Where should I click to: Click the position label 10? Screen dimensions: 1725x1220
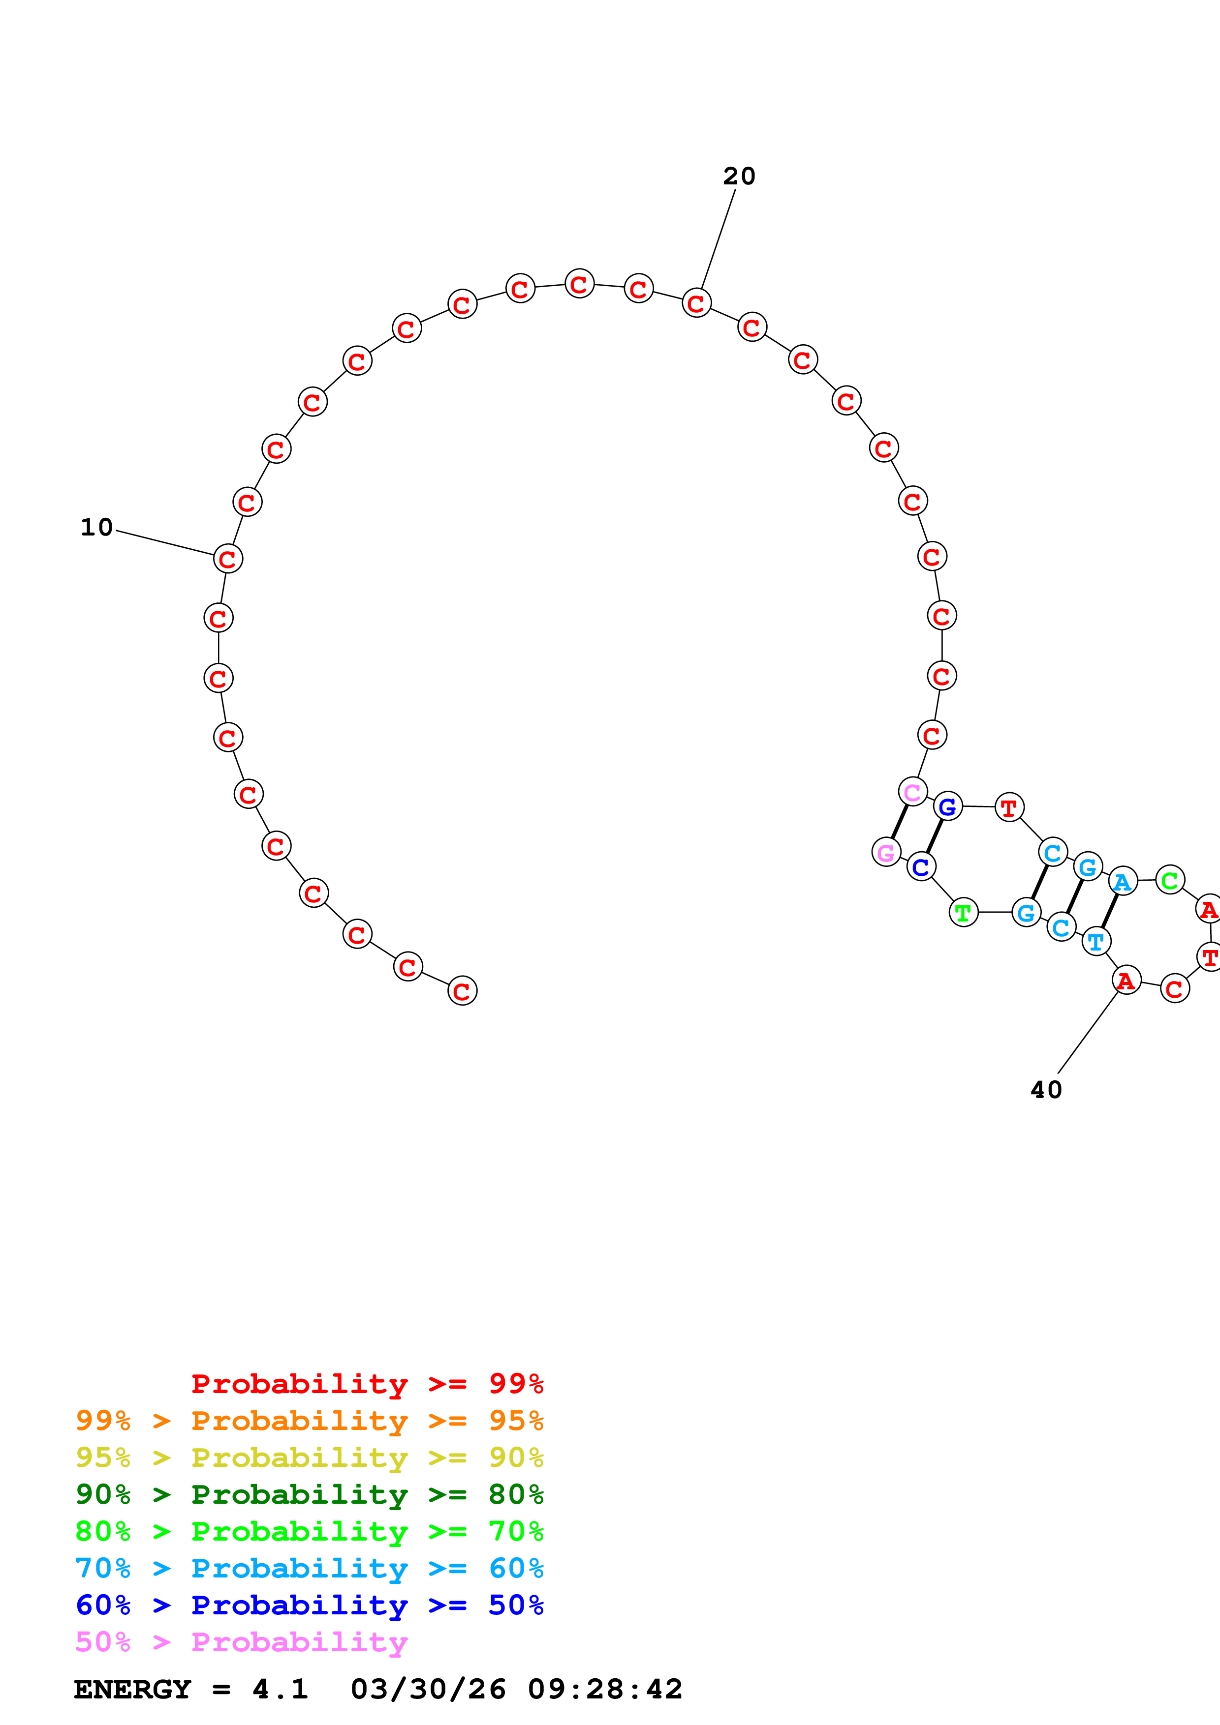97,528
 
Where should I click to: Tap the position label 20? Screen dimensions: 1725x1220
739,177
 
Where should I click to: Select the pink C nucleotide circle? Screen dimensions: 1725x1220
912,791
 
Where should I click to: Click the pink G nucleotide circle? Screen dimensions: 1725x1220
886,852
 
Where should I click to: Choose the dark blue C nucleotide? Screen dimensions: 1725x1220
921,867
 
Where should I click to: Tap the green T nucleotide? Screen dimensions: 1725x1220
964,913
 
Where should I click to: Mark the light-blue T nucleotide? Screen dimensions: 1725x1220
1096,941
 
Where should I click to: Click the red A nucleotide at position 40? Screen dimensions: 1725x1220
1126,981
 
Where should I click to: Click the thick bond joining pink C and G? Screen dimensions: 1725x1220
900,821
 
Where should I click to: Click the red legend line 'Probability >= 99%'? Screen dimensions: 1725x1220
367,1384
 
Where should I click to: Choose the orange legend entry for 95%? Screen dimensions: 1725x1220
309,1421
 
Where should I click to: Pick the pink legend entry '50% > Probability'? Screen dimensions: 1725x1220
241,1642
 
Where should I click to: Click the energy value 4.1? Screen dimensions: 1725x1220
280,1690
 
